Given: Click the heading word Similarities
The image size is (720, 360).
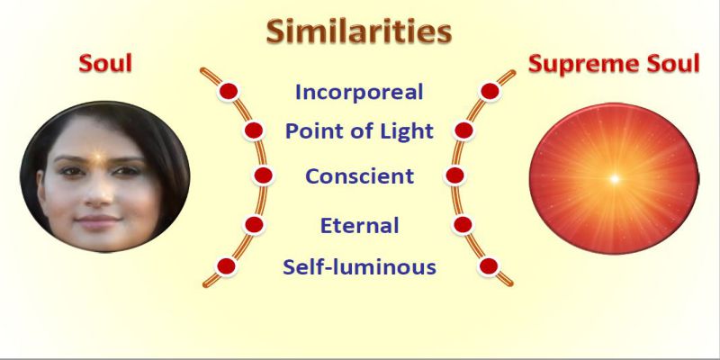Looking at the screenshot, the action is point(359,31).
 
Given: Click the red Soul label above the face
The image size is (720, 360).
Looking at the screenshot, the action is point(105,63).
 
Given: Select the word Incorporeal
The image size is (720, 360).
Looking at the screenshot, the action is point(359,92).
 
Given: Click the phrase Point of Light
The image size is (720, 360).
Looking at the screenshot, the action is point(359,131).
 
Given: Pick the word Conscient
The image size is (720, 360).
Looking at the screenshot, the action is point(359,176).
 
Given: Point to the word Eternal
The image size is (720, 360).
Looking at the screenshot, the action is point(359,226).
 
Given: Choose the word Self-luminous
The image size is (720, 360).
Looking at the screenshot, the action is point(359,266).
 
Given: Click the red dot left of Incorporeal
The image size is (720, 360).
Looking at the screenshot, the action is point(229,92).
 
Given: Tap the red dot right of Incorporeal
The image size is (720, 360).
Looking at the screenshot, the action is point(490,92).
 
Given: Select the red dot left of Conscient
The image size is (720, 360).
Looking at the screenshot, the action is point(263,175).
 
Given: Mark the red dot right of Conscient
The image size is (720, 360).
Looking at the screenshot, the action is point(454,175).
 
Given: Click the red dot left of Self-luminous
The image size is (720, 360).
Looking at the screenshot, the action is point(227,266).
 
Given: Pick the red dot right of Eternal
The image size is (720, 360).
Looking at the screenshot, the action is point(463,224).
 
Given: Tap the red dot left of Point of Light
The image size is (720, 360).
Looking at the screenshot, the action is point(254,130).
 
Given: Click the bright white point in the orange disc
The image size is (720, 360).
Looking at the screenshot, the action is point(615,178).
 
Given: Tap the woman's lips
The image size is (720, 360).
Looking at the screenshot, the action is point(97,221).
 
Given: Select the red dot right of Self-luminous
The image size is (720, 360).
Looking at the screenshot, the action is point(489,266).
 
